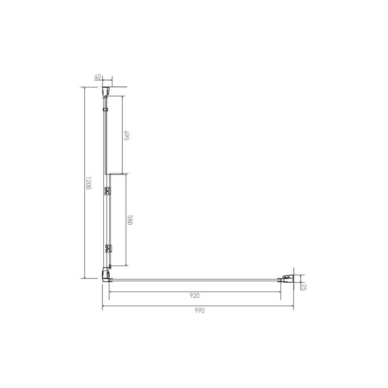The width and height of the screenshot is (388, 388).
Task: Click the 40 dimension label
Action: coord(97,77)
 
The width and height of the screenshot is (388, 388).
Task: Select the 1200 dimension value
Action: coord(88,183)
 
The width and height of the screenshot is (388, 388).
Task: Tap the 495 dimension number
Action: coord(127,135)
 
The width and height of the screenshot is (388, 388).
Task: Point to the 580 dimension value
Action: coord(130,220)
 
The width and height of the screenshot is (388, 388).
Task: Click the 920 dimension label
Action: coord(194,295)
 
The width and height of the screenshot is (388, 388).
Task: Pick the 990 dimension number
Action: coord(199,310)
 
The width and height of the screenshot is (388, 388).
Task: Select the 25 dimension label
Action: coord(304,287)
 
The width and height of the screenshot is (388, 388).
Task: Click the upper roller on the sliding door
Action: coord(108,191)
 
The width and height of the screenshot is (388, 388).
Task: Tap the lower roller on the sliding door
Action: coord(108,248)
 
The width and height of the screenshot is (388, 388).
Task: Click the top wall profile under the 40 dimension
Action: coord(106,92)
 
